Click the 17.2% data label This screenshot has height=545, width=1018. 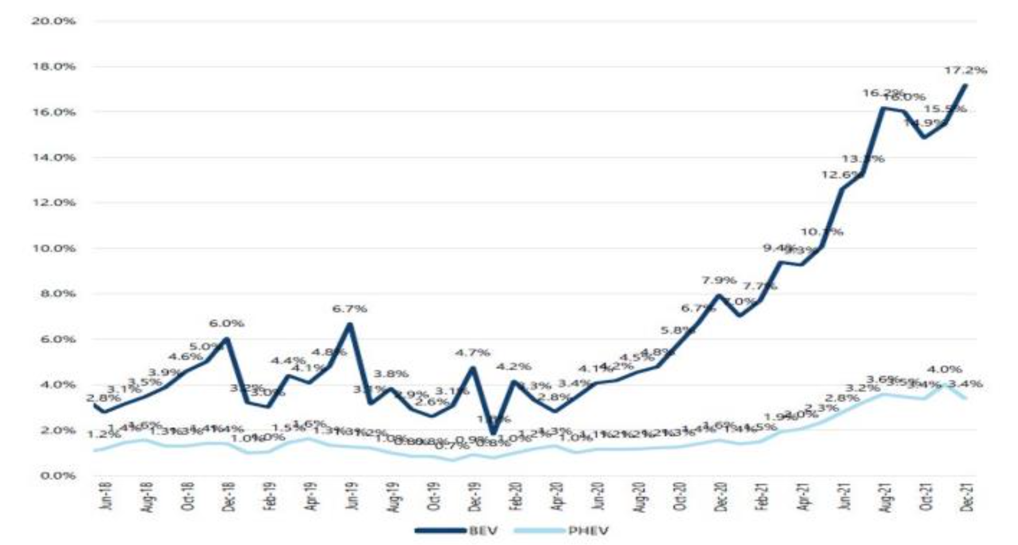965,70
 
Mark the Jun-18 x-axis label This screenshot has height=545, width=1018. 106,496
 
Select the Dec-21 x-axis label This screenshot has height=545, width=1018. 968,496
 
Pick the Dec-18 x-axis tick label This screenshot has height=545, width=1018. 230,496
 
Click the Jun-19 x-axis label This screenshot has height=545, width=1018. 353,496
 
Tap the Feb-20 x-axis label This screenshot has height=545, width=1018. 517,496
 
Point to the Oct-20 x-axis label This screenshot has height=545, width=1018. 681,496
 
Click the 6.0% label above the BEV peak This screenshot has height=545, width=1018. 227,323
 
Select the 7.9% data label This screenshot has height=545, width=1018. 719,280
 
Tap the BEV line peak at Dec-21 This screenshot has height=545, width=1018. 966,86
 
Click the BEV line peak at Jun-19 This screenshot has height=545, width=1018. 350,325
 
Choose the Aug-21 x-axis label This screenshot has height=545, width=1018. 886,496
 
